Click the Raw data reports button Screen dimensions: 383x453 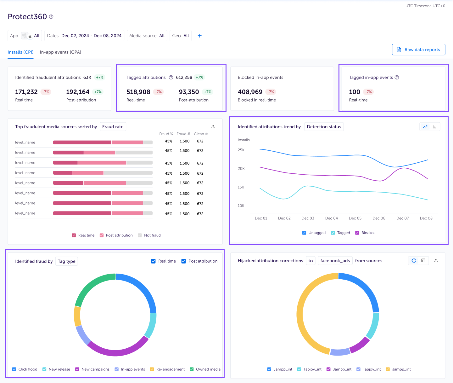(418, 49)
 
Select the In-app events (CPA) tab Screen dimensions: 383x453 (60, 52)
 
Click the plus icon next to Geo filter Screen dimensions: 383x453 (199, 36)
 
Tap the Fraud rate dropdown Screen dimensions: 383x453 (113, 127)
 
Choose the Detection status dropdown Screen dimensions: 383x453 (324, 127)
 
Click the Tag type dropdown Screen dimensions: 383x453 (66, 261)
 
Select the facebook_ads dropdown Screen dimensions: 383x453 (335, 261)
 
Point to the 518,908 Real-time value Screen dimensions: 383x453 (138, 92)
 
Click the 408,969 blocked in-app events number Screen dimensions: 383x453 (250, 92)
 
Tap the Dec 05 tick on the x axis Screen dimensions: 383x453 (355, 218)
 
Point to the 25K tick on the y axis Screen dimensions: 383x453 (241, 150)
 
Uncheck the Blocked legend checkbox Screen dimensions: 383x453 (357, 233)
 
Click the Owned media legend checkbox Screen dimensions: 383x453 (192, 369)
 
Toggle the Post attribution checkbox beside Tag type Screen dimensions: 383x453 (184, 261)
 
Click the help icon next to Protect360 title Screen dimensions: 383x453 (51, 17)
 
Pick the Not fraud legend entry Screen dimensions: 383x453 (140, 235)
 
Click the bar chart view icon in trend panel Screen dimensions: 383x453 (435, 127)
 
